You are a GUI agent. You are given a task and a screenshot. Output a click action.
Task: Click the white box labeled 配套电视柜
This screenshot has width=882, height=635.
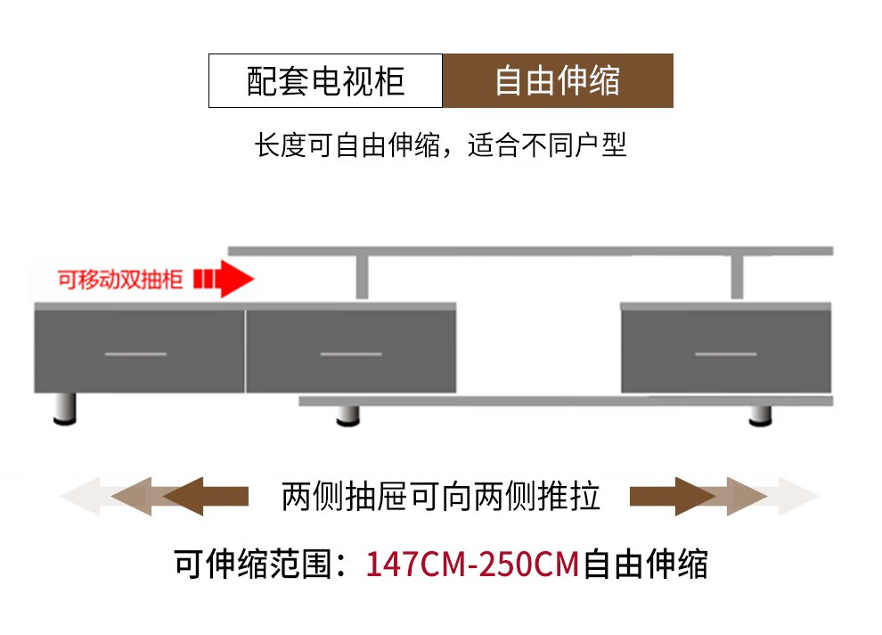coord(325,81)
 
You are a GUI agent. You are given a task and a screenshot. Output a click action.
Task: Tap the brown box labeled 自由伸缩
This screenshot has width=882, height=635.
coord(558,81)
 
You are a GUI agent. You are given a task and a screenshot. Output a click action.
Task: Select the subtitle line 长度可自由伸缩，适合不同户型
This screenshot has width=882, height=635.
coord(441,145)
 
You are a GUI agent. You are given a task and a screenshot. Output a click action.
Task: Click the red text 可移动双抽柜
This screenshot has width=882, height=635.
coord(120,280)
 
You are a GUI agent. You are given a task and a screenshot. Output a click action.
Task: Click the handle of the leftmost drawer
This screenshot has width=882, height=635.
coord(135,354)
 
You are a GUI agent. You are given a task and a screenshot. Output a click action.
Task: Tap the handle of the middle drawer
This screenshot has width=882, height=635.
coord(350,354)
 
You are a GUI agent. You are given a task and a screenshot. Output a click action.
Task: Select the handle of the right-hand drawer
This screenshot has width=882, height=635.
coord(725,354)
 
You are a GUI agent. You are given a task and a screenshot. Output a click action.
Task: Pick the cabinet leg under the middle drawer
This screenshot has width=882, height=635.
coord(347,416)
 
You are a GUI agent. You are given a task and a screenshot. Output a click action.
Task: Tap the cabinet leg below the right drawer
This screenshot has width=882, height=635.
coord(759,416)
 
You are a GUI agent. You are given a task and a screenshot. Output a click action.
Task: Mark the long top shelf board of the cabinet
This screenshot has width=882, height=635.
coord(530,251)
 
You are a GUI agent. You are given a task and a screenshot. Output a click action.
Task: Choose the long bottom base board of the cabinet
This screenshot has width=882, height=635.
coord(566,401)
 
